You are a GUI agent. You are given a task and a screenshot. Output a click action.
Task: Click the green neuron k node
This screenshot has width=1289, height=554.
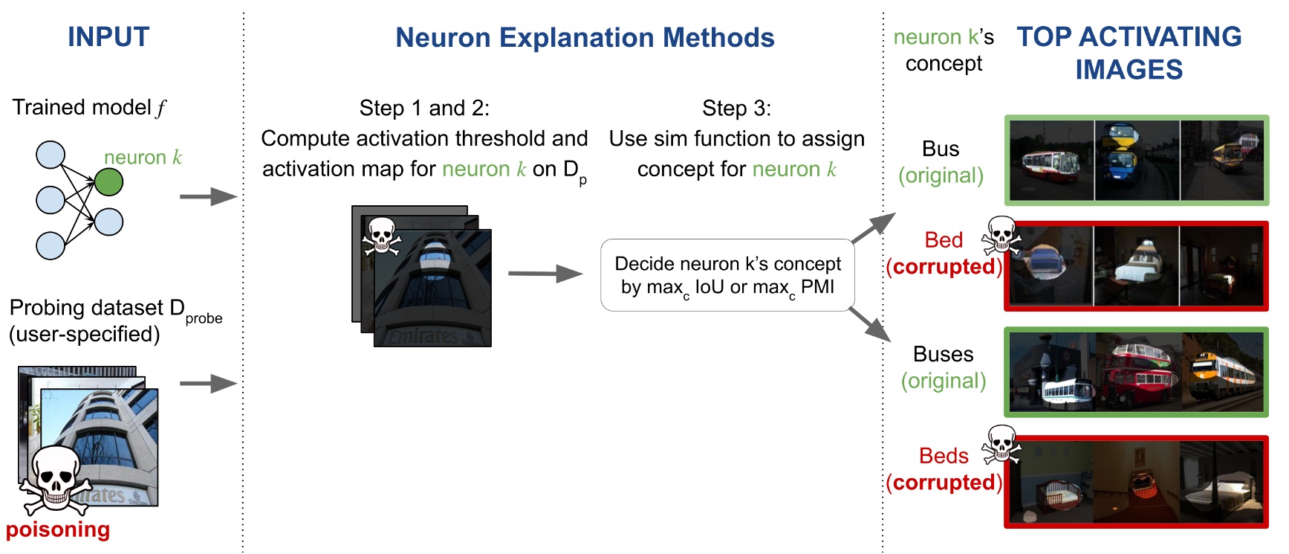coord(108,182)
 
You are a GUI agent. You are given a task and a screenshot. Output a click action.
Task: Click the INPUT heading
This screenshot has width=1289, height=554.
coord(108,37)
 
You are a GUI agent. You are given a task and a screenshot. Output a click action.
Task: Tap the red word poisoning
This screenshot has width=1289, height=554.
coord(58,529)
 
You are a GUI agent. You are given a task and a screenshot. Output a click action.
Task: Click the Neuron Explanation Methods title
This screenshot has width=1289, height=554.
coord(585,38)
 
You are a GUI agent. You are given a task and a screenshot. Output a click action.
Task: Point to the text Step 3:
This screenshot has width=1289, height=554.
coord(736,109)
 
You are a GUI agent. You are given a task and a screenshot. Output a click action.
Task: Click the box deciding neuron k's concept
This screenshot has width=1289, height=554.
coord(727,275)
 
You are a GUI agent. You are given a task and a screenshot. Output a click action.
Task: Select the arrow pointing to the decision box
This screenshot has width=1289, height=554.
coord(545,274)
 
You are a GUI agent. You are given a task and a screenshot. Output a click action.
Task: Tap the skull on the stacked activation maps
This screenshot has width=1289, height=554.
coord(381,237)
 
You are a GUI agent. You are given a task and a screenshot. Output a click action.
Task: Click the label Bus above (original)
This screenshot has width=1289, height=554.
coord(941,149)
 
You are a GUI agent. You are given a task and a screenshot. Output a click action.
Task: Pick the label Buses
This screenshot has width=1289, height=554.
coord(943,354)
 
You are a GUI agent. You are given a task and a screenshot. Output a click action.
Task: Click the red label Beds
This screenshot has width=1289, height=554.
coord(944,456)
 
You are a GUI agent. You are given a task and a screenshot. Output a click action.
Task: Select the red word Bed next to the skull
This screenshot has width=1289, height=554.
coord(944,240)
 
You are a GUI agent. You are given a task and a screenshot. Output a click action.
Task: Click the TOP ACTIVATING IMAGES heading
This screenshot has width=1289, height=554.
coord(1129,53)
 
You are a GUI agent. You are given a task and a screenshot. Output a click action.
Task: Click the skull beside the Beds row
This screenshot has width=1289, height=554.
coord(1001,445)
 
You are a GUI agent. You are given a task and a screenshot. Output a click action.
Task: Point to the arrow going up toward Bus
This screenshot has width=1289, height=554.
coord(874,227)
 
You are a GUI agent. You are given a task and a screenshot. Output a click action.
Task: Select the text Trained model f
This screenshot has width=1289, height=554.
coord(89,108)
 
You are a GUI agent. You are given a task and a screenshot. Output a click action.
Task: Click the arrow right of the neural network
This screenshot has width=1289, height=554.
coord(207,197)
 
